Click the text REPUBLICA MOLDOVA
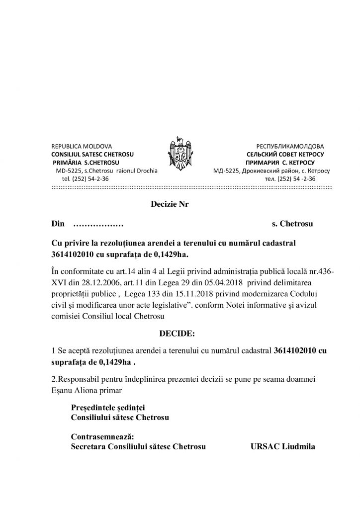click(82, 147)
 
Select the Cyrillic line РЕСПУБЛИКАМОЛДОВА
click(290, 147)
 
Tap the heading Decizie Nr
click(170, 204)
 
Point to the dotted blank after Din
click(98, 224)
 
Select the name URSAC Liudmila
click(282, 446)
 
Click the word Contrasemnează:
click(102, 436)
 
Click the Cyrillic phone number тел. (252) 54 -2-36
click(290, 178)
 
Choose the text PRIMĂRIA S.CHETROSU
click(86, 163)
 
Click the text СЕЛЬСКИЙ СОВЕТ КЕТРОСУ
click(288, 155)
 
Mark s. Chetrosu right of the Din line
click(292, 224)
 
